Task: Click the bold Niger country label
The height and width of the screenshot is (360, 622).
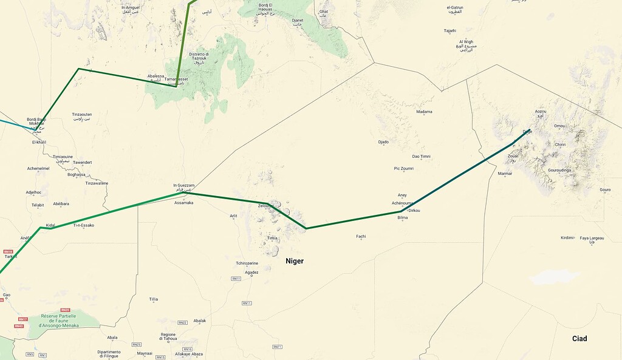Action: (295, 261)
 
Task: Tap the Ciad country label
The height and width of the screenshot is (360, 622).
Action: (578, 339)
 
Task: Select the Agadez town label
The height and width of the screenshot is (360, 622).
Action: (251, 273)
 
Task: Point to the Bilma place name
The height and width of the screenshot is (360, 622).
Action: (403, 217)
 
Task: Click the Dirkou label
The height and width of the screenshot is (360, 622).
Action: (414, 210)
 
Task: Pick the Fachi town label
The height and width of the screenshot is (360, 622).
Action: (361, 236)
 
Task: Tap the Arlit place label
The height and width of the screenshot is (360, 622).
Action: (233, 216)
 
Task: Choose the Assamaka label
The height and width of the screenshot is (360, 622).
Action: (183, 203)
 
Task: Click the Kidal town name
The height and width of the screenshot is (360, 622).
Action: (50, 225)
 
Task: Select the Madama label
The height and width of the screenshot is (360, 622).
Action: (424, 112)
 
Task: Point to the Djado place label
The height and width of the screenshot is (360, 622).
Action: (383, 142)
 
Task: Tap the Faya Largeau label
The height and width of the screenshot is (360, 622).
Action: (592, 239)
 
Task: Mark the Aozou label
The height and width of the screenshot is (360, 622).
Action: (540, 112)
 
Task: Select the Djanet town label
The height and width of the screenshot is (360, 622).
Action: (297, 20)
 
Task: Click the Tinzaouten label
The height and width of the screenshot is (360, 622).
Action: (82, 115)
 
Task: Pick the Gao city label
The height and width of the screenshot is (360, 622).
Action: (6, 295)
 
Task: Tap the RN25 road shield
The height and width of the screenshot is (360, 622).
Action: (136, 344)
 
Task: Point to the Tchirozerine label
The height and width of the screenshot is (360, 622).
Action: (247, 263)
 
